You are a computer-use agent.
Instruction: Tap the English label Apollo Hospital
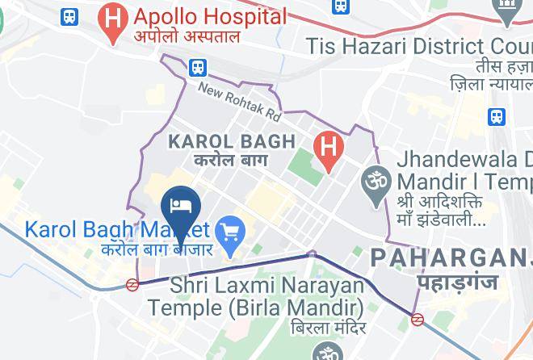[210, 16]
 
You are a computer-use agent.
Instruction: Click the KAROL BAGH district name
[231, 142]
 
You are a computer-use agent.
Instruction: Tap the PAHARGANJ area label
[451, 258]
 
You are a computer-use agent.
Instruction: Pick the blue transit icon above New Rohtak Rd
[199, 68]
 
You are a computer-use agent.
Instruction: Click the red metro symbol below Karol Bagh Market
[132, 284]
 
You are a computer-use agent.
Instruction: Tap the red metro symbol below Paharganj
[418, 319]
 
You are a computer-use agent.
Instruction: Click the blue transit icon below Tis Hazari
[497, 116]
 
